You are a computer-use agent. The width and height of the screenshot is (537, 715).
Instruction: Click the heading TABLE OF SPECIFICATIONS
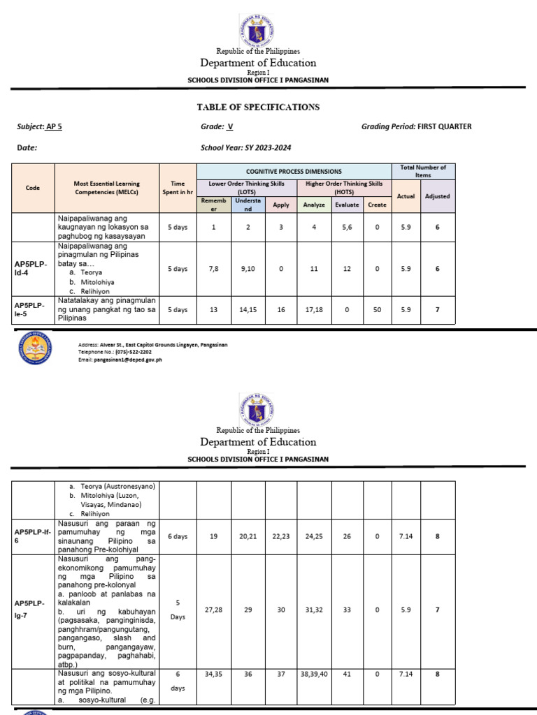click(x=259, y=107)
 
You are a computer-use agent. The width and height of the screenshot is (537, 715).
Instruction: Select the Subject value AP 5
click(x=53, y=126)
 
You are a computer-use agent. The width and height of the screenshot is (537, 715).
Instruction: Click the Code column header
click(x=33, y=188)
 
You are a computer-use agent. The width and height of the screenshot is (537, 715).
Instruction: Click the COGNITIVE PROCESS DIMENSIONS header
click(x=294, y=171)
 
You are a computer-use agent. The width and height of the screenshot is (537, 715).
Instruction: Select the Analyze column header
click(x=314, y=205)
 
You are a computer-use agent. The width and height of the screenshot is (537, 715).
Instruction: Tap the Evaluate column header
click(x=347, y=205)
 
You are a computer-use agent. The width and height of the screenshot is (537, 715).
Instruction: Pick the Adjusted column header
click(x=438, y=196)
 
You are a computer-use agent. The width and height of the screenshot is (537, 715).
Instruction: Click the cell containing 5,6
click(x=347, y=227)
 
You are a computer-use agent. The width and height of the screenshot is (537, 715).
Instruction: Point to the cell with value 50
click(x=377, y=309)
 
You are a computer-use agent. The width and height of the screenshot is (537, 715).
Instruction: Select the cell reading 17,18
click(x=314, y=309)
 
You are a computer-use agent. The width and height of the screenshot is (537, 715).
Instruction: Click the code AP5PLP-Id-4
click(x=30, y=269)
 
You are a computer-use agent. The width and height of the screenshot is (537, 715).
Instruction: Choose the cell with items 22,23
click(x=281, y=536)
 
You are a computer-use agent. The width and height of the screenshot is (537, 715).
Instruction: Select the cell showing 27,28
click(x=214, y=610)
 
